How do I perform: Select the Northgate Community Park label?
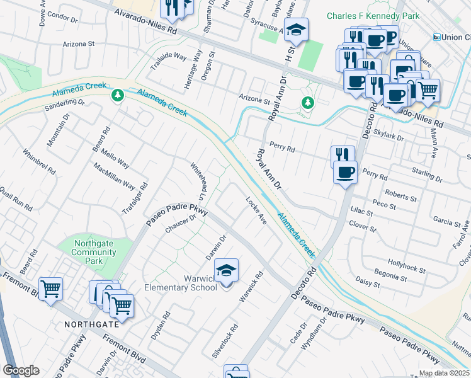tap(94, 252)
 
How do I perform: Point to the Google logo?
tap(20, 370)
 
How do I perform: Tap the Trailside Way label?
tap(167, 56)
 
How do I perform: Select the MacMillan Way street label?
tap(114, 176)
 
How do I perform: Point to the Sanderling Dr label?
tap(64, 105)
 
